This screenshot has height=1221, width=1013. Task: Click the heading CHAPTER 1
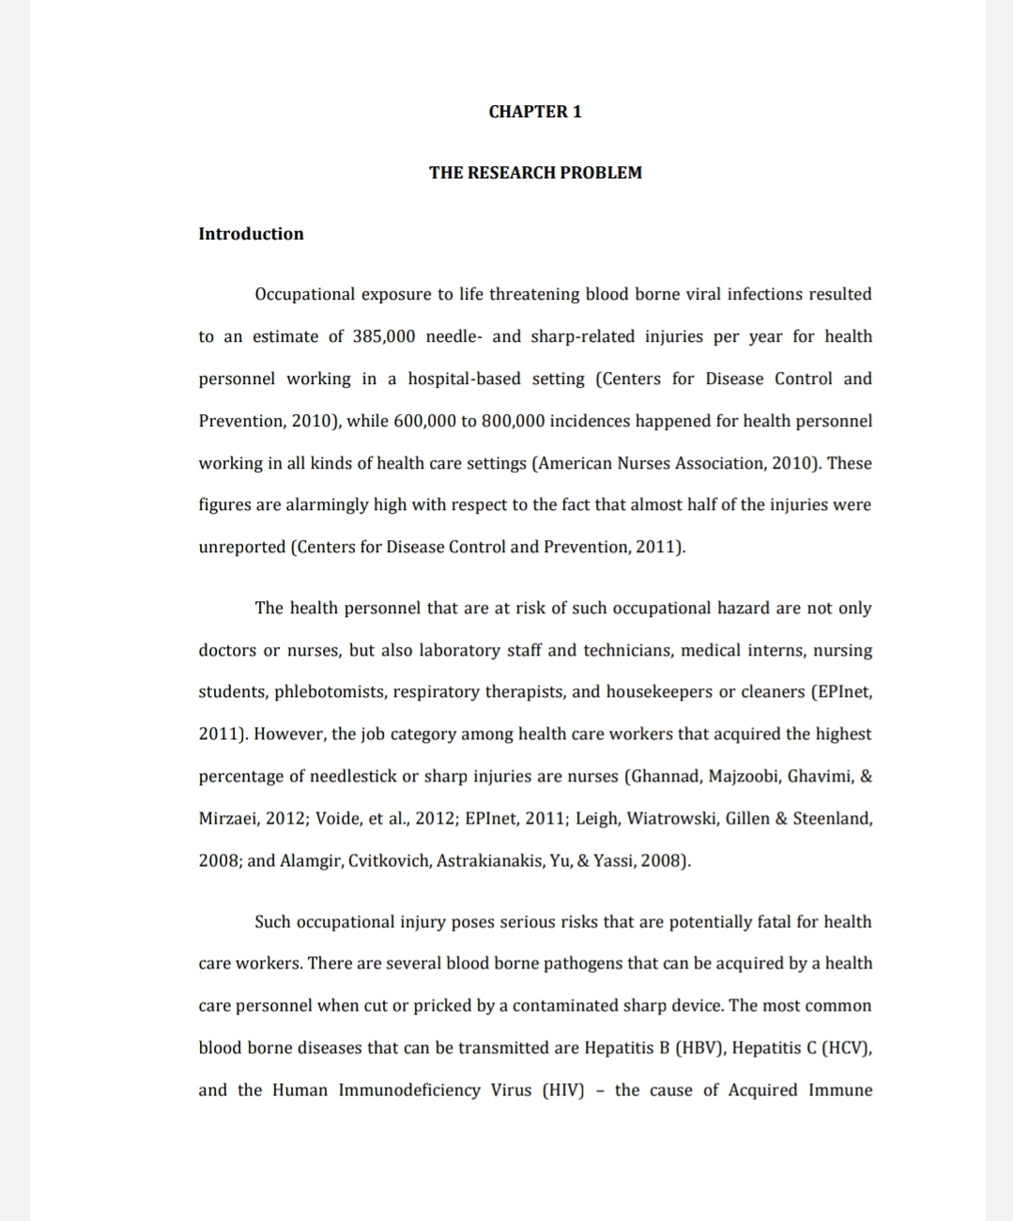pyautogui.click(x=535, y=112)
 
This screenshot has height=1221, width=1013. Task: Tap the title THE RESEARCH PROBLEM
pyautogui.click(x=535, y=173)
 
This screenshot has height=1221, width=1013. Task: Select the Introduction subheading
pyautogui.click(x=251, y=234)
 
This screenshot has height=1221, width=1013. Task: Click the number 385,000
pyautogui.click(x=384, y=336)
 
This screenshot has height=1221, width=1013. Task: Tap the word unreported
pyautogui.click(x=241, y=547)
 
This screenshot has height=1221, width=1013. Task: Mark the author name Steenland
pyautogui.click(x=831, y=818)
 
